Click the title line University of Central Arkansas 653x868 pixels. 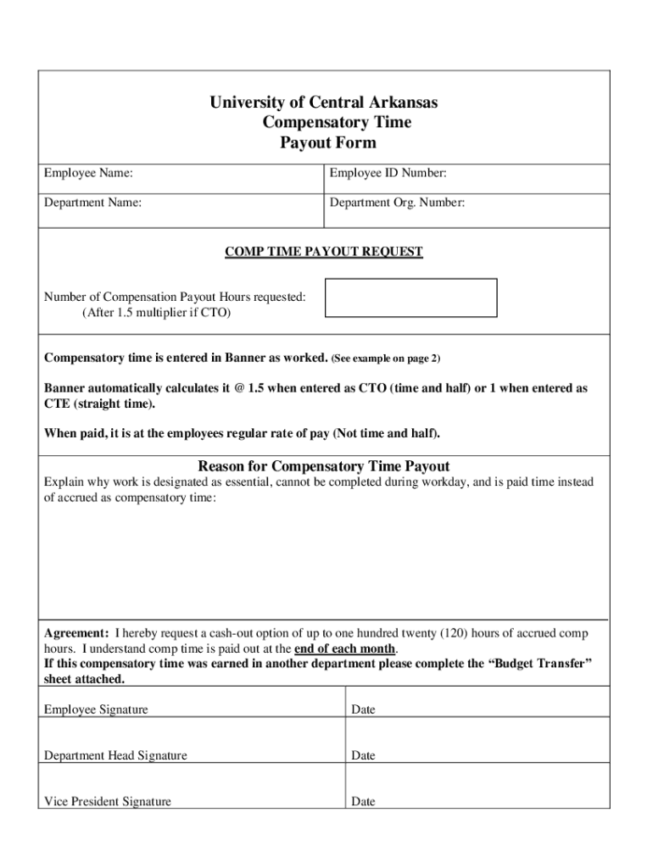(x=324, y=103)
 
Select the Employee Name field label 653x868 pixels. (x=88, y=174)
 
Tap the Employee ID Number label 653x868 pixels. (x=388, y=174)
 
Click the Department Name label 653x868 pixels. (x=92, y=203)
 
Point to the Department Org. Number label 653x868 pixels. (x=397, y=203)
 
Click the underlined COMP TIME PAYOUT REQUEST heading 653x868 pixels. (x=323, y=252)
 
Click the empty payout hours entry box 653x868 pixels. (x=411, y=298)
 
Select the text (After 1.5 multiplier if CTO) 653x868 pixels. (x=156, y=313)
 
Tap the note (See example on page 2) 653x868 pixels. (x=386, y=359)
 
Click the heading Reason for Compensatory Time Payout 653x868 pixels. (x=323, y=466)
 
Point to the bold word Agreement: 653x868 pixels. (x=76, y=633)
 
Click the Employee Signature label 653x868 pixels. (x=96, y=709)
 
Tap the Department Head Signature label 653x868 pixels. (x=115, y=755)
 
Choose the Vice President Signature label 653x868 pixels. (x=108, y=801)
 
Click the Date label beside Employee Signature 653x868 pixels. (x=363, y=709)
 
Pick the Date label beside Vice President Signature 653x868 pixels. (x=363, y=801)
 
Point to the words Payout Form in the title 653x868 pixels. (x=327, y=142)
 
